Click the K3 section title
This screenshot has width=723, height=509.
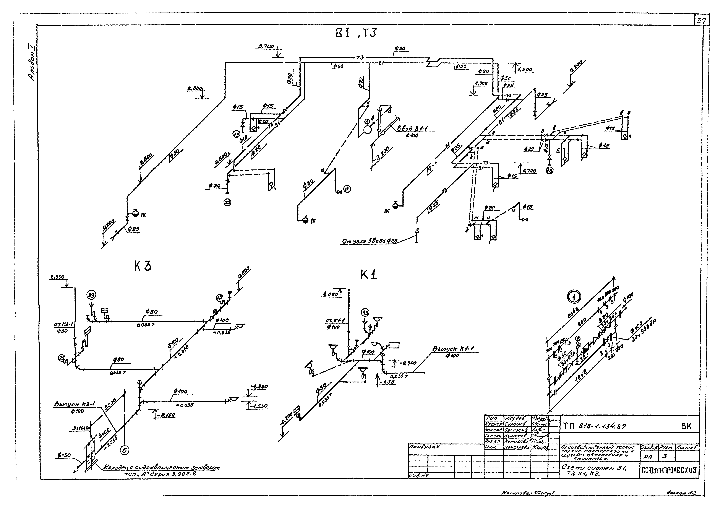point(142,267)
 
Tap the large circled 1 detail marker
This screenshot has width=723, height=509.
point(574,297)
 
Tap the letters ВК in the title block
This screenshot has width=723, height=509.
point(686,426)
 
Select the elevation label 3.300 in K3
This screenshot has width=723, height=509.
point(57,277)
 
